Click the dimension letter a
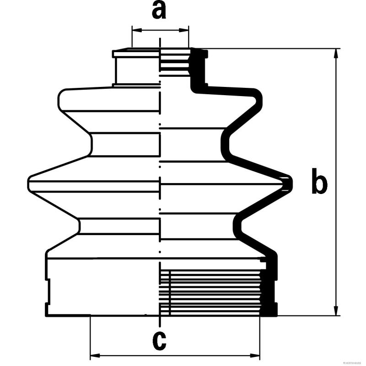159,11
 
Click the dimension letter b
319,181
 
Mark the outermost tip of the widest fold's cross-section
290,183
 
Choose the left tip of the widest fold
29,183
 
